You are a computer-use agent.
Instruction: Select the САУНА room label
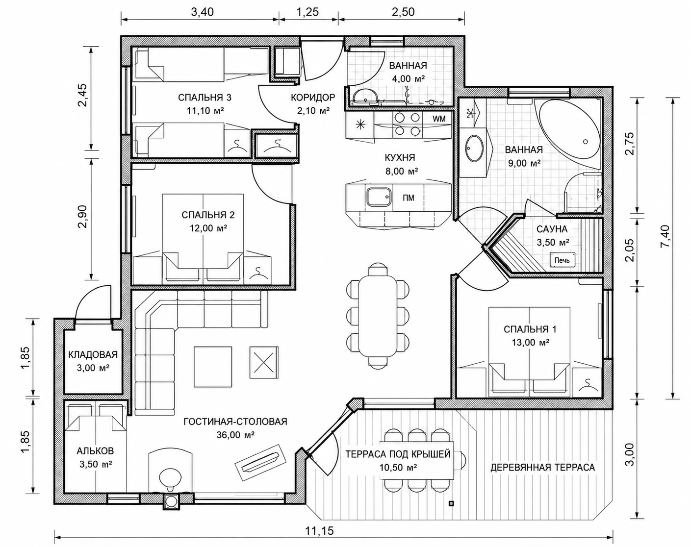[x=552, y=229]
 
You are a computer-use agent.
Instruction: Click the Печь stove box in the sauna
[x=562, y=260]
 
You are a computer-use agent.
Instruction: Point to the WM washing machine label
[x=439, y=119]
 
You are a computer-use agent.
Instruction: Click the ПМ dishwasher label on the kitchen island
[x=409, y=198]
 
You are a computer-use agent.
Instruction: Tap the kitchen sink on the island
[x=379, y=198]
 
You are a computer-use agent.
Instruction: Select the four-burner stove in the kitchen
[x=407, y=125]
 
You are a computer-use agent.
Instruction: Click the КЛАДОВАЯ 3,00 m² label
[x=93, y=361]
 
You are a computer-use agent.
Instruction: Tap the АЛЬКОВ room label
[x=95, y=451]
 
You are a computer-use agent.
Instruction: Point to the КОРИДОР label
[x=313, y=97]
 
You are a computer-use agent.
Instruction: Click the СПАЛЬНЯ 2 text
[x=208, y=215]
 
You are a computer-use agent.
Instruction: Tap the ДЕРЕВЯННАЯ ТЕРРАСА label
[x=542, y=468]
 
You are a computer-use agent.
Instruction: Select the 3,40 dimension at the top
[x=202, y=12]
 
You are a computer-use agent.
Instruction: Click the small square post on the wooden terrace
[x=452, y=503]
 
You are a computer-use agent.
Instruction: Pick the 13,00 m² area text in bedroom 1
[x=530, y=343]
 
